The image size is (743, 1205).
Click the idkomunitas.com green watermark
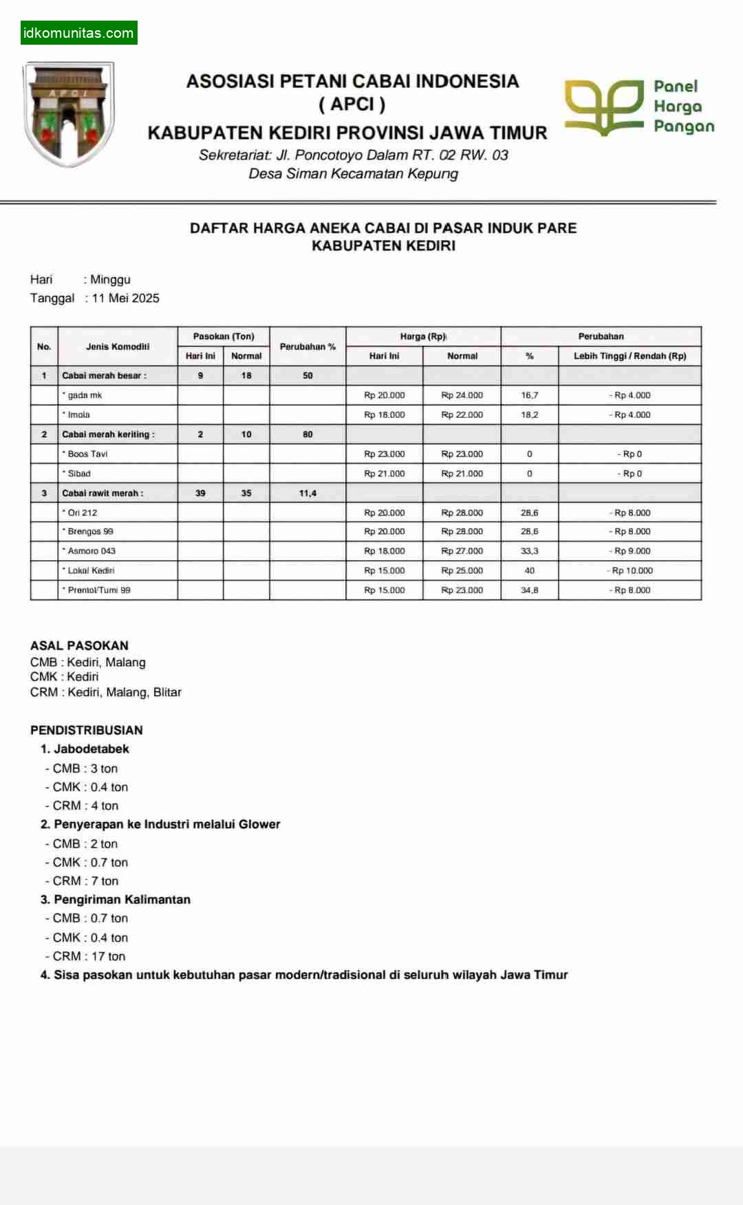click(x=78, y=32)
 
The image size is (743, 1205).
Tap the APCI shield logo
click(x=69, y=113)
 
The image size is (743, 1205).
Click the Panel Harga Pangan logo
click(x=639, y=107)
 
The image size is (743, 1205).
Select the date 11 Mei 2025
click(x=125, y=298)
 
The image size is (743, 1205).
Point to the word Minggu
click(x=110, y=280)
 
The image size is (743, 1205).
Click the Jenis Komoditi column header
click(x=118, y=346)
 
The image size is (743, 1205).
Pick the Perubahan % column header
click(x=308, y=346)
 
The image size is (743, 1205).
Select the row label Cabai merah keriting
click(x=108, y=434)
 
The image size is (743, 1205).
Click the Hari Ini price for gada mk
click(x=385, y=395)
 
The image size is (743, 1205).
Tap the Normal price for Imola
click(x=462, y=414)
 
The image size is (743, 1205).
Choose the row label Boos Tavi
click(x=87, y=454)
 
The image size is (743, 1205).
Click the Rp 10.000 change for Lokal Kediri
click(x=630, y=571)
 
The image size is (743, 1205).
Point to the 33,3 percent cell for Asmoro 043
click(x=529, y=551)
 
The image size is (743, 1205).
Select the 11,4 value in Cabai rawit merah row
click(x=308, y=493)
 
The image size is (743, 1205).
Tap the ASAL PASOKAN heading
click(x=79, y=645)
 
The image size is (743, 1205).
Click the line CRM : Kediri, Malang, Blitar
click(x=105, y=692)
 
